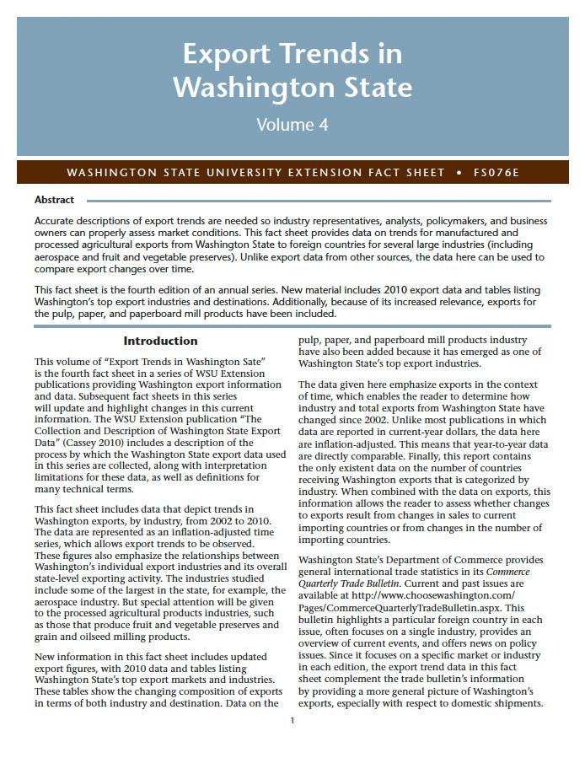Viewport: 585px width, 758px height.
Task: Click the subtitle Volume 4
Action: click(292, 125)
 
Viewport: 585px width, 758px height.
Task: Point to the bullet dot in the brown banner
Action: click(458, 173)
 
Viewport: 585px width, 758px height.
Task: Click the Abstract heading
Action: click(54, 200)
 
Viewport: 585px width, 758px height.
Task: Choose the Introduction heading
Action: click(160, 341)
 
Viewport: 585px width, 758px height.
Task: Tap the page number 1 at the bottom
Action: click(292, 720)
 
